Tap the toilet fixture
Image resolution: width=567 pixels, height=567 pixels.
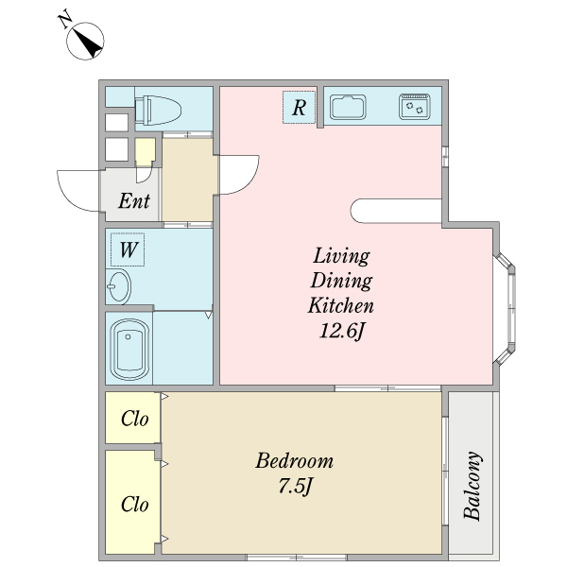[158, 110]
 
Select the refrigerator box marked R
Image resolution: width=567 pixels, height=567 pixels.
[299, 107]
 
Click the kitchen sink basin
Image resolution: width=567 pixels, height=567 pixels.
[348, 107]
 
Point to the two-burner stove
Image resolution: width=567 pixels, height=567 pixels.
[415, 107]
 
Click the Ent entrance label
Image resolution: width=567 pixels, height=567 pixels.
[134, 201]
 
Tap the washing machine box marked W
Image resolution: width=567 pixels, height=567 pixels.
[128, 249]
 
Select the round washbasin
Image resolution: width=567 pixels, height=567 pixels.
[119, 286]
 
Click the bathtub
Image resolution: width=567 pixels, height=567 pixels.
[129, 349]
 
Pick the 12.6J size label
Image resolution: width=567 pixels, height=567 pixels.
[341, 331]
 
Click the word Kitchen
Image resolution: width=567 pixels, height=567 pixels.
[340, 305]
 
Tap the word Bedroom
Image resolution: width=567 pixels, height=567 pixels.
[294, 461]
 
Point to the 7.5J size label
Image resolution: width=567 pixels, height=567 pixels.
[295, 486]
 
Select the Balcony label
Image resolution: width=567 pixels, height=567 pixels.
[472, 486]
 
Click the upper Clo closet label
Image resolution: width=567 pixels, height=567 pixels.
[134, 419]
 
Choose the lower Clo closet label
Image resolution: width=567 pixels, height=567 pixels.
[134, 504]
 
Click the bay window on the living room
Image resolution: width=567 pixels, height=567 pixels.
[506, 308]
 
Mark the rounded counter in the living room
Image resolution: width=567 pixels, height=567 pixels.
[396, 211]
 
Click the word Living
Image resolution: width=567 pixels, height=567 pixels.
[341, 256]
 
